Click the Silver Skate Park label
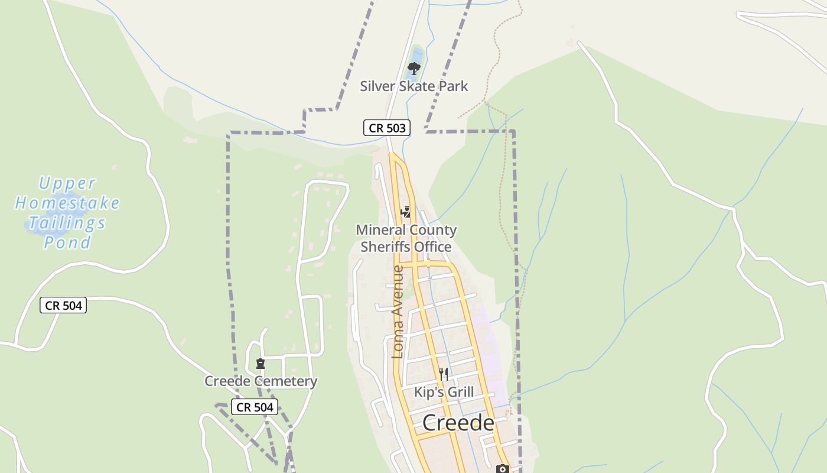click(414, 86)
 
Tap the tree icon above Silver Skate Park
click(414, 68)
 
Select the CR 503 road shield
click(386, 128)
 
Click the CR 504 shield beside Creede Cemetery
click(255, 407)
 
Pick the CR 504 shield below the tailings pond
click(63, 306)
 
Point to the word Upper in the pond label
click(67, 183)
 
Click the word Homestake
click(67, 203)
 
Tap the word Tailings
click(67, 223)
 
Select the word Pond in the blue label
click(67, 242)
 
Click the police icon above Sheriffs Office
click(406, 212)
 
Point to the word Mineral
click(381, 230)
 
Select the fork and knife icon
click(444, 374)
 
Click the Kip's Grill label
click(444, 392)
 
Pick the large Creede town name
click(458, 423)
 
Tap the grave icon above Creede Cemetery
click(261, 364)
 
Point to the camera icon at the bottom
click(503, 469)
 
